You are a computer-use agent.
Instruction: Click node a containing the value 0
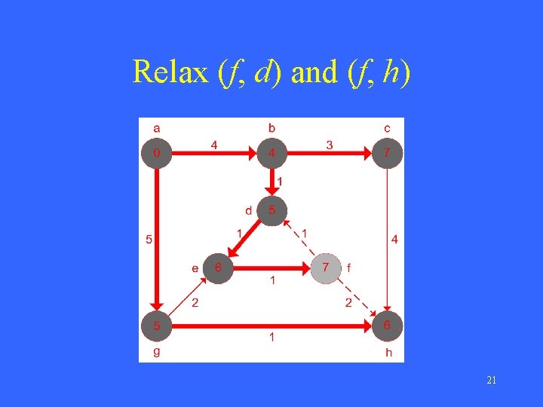point(156,154)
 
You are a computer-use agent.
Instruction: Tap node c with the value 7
point(387,154)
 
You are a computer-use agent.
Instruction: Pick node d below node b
point(271,210)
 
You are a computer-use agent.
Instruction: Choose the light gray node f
point(326,268)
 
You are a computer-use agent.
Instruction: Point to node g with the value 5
point(156,326)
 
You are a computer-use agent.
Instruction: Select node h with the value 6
point(387,326)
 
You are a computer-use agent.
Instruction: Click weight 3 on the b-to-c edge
point(330,145)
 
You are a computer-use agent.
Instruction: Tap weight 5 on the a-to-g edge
point(149,240)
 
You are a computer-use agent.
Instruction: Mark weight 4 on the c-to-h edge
point(395,240)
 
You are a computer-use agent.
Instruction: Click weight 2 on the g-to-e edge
point(194,303)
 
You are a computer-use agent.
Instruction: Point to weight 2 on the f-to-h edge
point(348,303)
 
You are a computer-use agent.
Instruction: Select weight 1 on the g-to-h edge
point(272,338)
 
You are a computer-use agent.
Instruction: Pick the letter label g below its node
point(156,351)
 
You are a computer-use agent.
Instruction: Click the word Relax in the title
point(170,72)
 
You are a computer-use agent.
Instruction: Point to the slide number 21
point(491,381)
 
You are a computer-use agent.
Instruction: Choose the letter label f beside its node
point(348,268)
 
